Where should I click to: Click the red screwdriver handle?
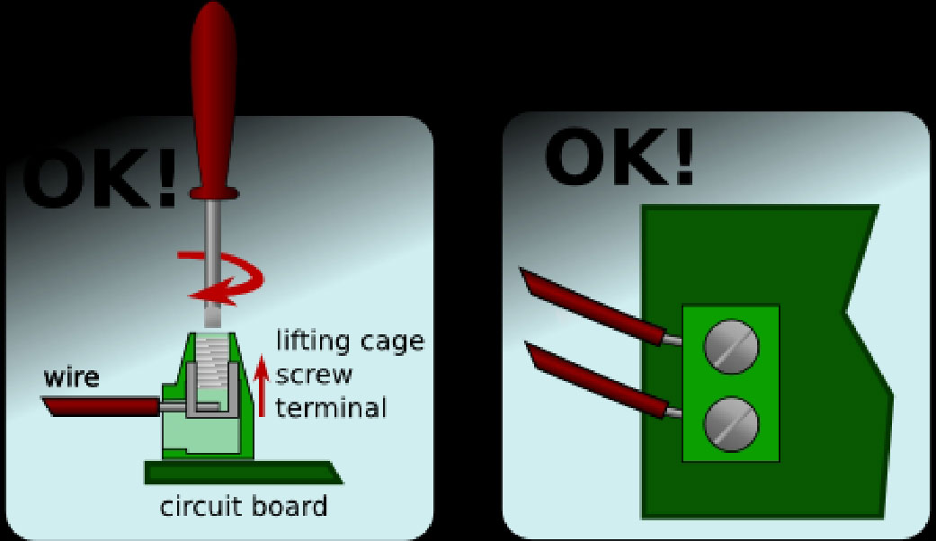213,102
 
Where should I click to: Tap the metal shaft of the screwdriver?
213,262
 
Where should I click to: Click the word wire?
71,377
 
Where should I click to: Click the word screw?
314,376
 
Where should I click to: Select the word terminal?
331,408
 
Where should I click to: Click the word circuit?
200,507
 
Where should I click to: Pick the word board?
289,507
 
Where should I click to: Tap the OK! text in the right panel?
619,157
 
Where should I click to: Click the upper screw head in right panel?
731,347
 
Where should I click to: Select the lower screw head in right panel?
731,423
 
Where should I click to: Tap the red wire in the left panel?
102,407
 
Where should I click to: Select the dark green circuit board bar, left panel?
244,473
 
